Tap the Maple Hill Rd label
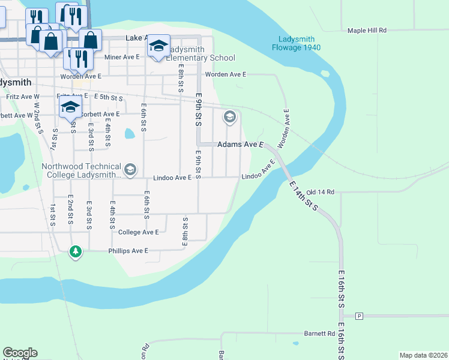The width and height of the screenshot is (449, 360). (x=367, y=30)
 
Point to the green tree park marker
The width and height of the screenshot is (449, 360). (x=75, y=251)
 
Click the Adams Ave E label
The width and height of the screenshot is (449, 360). (x=241, y=145)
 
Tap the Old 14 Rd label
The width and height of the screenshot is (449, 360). (x=320, y=192)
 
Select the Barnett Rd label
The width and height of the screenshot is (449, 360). (x=319, y=334)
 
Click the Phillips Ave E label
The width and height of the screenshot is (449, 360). (x=127, y=251)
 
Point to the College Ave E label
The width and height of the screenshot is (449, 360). (x=139, y=232)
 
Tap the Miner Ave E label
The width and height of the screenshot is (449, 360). (x=122, y=57)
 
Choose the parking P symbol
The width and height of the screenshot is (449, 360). (x=360, y=316)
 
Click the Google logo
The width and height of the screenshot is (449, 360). (x=20, y=353)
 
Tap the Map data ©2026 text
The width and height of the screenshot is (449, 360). (x=423, y=355)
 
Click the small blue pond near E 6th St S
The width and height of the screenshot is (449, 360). (x=130, y=133)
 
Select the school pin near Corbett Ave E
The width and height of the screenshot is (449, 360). (x=70, y=107)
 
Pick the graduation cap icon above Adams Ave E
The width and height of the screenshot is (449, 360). (x=229, y=117)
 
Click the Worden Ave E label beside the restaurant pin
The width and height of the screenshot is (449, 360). (x=81, y=77)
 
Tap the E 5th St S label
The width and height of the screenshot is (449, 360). (x=107, y=97)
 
